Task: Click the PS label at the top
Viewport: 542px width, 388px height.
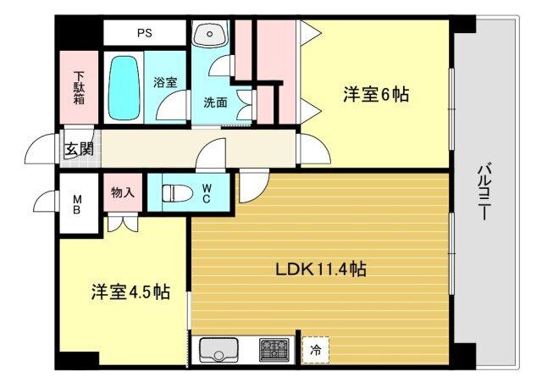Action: pyautogui.click(x=145, y=34)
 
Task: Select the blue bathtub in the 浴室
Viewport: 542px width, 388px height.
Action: pyautogui.click(x=124, y=88)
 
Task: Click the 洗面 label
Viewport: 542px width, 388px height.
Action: pyautogui.click(x=214, y=103)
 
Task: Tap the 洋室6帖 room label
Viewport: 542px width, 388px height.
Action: pyautogui.click(x=375, y=95)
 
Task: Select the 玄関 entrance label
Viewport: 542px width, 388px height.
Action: pyautogui.click(x=79, y=150)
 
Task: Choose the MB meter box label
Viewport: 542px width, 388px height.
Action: pyautogui.click(x=76, y=203)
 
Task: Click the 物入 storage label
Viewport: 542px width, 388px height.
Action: pyautogui.click(x=123, y=193)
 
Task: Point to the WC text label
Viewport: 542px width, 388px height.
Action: pyautogui.click(x=206, y=193)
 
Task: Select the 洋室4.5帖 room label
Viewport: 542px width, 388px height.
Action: pyautogui.click(x=130, y=292)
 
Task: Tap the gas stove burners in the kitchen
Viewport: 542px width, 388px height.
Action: pyautogui.click(x=275, y=348)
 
